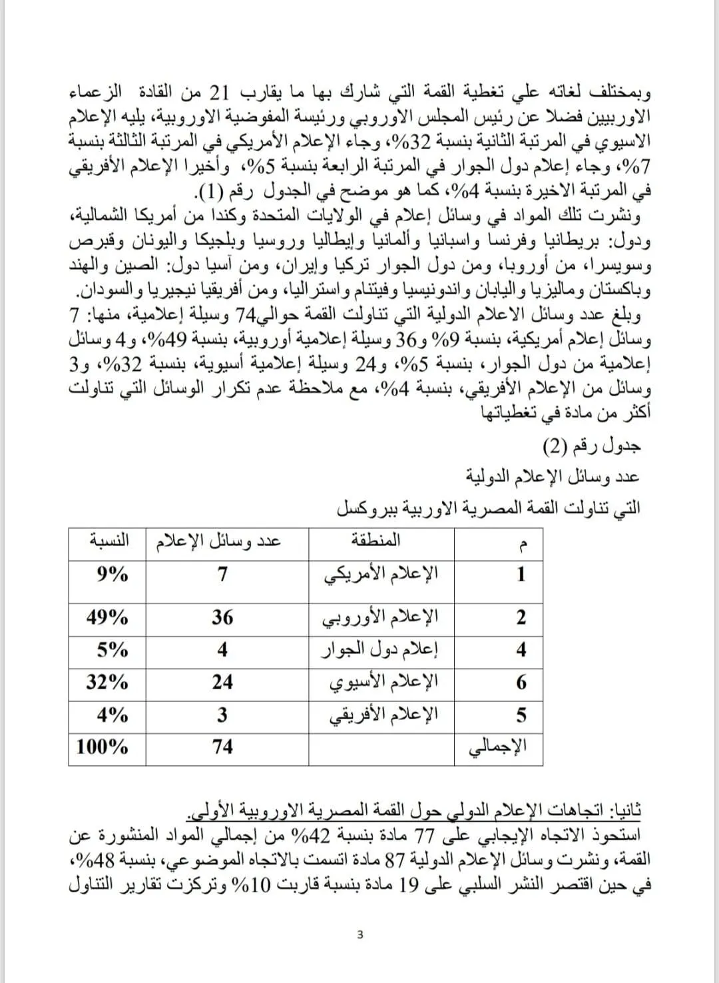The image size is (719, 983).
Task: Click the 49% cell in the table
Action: click(107, 617)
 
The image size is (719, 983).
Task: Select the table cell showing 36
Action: click(222, 617)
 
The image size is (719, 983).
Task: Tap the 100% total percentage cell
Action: click(103, 747)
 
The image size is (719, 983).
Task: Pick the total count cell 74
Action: click(222, 747)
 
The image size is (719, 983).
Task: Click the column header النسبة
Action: click(109, 540)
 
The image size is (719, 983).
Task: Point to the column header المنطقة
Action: click(375, 540)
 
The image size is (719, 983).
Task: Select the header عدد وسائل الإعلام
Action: click(218, 541)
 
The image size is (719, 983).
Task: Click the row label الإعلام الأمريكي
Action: click(381, 573)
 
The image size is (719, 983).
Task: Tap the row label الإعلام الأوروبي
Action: click(381, 617)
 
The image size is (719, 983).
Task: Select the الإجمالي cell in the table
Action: click(499, 747)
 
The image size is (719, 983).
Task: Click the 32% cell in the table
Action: click(107, 682)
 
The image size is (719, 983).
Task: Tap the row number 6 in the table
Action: click(521, 683)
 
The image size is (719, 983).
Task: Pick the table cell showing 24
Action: click(222, 682)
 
